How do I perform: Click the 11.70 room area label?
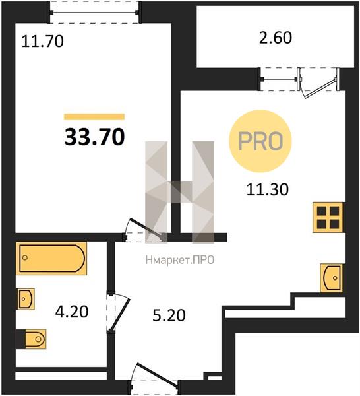tap(42, 42)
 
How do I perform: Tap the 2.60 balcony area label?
tap(276, 38)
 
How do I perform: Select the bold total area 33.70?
tap(94, 137)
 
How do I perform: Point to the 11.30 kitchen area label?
tap(268, 189)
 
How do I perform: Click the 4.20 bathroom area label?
tap(72, 312)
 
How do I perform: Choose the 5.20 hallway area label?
tap(169, 315)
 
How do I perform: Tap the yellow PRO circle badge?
tap(260, 141)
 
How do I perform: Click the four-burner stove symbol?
tap(328, 217)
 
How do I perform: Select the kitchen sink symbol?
tap(332, 278)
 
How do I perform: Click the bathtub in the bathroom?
tap(51, 258)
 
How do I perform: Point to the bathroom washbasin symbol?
tap(26, 299)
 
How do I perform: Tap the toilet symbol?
tap(31, 339)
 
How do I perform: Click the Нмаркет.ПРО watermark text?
tap(180, 260)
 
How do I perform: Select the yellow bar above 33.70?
tap(94, 117)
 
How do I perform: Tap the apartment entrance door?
tap(155, 378)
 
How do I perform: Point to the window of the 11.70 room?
tap(94, 12)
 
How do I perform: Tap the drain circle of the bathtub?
tap(24, 258)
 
